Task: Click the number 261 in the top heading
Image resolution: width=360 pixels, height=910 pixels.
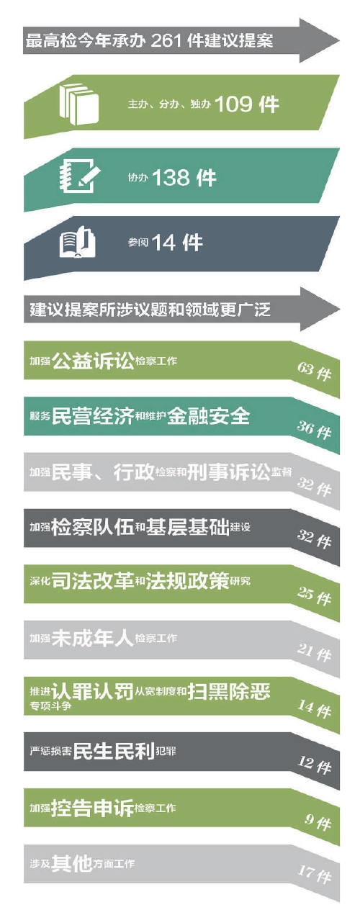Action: (x=165, y=41)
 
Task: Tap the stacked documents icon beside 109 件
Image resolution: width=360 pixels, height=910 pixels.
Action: (x=79, y=104)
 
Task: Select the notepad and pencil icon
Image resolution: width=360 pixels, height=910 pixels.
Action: (x=79, y=176)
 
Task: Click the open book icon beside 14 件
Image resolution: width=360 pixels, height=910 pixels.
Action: (x=77, y=243)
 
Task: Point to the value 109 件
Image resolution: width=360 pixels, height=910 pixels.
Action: (x=247, y=104)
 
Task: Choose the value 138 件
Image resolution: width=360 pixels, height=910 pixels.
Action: (x=184, y=178)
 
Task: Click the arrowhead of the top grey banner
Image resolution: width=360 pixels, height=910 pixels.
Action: (x=320, y=40)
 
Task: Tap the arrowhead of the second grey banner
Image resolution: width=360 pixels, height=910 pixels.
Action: (x=320, y=309)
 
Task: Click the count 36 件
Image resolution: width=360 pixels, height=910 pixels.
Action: (x=314, y=429)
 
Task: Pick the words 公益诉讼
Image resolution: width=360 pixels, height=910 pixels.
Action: (x=93, y=361)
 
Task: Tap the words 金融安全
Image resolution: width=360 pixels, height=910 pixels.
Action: (x=209, y=416)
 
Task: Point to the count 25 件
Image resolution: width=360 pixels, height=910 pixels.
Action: (x=314, y=596)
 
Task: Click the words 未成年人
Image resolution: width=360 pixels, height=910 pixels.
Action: (x=93, y=638)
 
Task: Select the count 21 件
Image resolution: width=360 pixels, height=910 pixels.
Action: (x=314, y=652)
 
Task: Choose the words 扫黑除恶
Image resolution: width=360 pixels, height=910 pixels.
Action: (x=229, y=691)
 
